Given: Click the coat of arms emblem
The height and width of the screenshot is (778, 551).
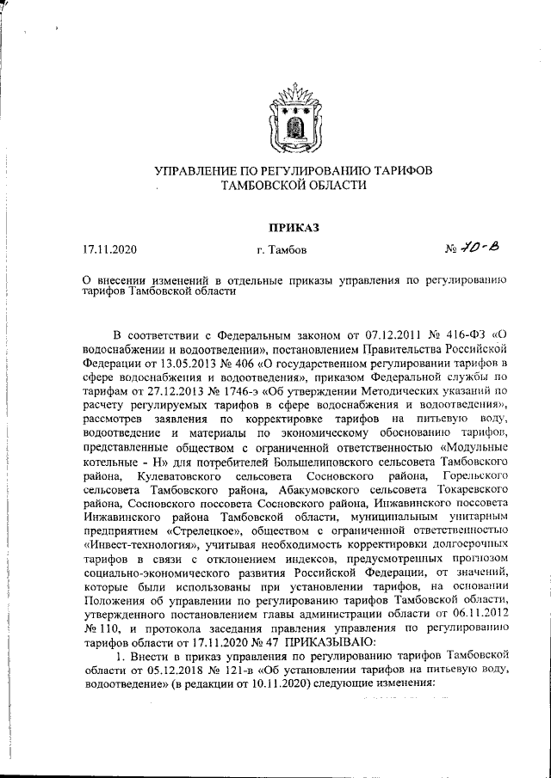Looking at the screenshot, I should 294,116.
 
